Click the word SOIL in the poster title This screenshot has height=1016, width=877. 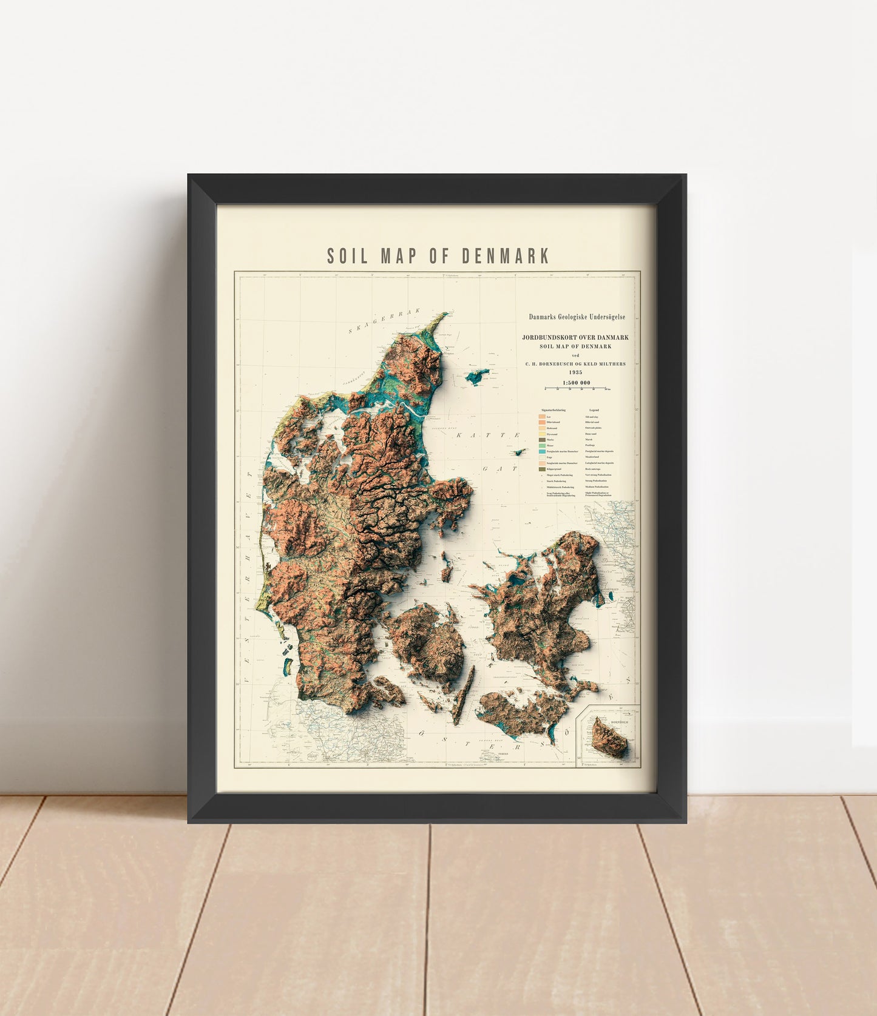[347, 255]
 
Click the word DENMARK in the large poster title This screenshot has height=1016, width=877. [506, 255]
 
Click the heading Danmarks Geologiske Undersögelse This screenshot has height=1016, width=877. [577, 317]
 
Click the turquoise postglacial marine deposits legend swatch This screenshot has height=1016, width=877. [541, 452]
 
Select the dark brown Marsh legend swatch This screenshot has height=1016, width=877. [541, 440]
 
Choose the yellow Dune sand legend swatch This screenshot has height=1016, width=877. [541, 434]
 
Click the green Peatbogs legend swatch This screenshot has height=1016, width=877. [541, 446]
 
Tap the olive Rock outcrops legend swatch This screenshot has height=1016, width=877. [541, 469]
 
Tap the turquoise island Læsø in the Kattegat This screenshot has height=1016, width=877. [478, 377]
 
